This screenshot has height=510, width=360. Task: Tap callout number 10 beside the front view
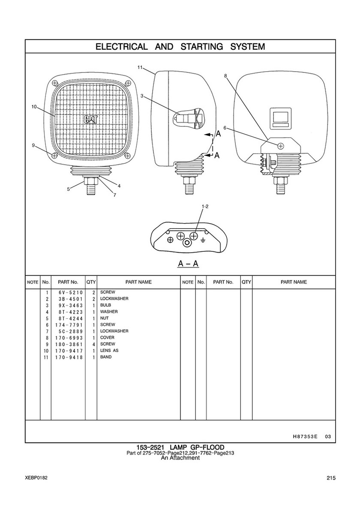click(34, 107)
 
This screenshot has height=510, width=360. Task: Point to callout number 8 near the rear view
click(225, 76)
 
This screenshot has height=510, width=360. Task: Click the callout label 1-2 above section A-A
click(205, 206)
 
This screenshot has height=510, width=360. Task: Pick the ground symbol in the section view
click(203, 241)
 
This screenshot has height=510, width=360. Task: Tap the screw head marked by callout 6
click(280, 146)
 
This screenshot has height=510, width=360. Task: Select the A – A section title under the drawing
click(188, 263)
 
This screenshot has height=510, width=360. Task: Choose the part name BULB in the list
click(105, 305)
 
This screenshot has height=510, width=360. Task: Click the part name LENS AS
click(109, 350)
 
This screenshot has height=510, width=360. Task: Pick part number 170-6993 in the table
click(69, 338)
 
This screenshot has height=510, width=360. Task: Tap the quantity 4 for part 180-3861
click(93, 344)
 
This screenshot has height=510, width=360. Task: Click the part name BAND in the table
click(106, 357)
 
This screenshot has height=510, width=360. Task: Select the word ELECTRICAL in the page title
click(122, 46)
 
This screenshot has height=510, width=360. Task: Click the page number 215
click(331, 478)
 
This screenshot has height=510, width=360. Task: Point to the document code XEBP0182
click(36, 477)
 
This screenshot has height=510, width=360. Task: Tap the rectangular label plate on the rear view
click(281, 118)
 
